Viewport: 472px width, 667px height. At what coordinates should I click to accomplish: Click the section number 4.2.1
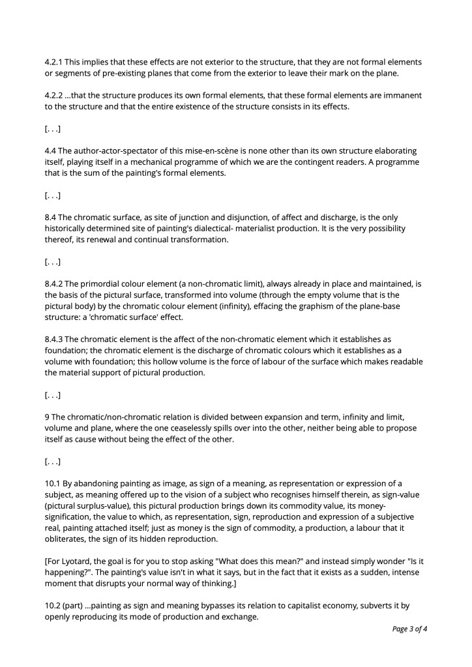pos(53,62)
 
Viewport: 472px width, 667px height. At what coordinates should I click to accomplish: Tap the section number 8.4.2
pos(53,284)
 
